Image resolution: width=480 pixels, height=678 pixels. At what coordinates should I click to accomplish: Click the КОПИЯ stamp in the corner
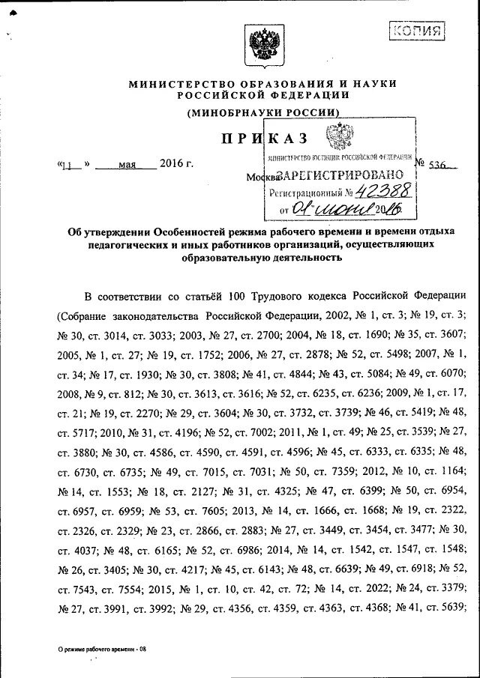(417, 31)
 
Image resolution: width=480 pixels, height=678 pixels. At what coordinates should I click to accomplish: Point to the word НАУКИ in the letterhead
(373, 83)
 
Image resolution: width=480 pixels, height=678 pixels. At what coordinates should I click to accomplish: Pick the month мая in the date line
(126, 165)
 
